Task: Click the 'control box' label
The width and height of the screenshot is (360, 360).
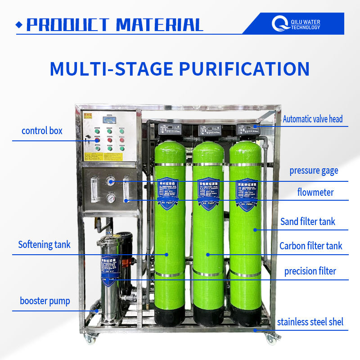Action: (42, 131)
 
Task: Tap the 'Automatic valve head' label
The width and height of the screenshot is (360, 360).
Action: (312, 119)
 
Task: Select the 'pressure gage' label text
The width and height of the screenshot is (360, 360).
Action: (314, 171)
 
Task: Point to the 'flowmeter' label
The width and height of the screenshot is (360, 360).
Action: (315, 193)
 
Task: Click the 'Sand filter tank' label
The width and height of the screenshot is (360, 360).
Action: (308, 221)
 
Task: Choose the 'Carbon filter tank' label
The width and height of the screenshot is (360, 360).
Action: (310, 246)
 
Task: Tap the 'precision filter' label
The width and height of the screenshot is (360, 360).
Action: (310, 271)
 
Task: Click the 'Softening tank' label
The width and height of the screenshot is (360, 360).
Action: (44, 245)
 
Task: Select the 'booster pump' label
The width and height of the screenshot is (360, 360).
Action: (45, 301)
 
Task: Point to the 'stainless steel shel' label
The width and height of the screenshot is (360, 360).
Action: (310, 322)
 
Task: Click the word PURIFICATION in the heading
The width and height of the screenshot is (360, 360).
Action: (244, 69)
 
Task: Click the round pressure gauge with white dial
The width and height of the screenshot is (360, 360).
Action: (110, 198)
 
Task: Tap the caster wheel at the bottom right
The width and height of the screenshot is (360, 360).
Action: (271, 338)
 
